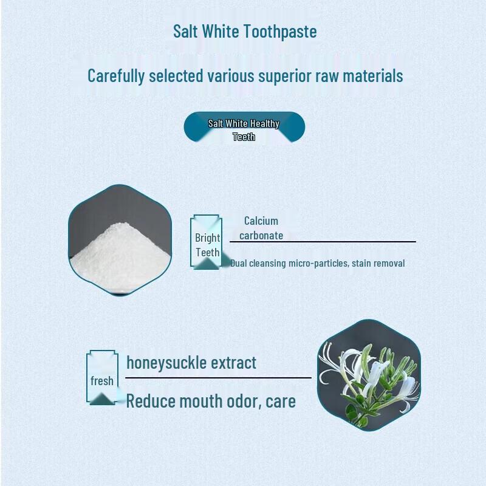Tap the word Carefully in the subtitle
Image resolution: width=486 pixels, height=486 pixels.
tap(116, 76)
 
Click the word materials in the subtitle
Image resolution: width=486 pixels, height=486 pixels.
tap(373, 76)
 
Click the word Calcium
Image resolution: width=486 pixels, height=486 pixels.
tap(261, 221)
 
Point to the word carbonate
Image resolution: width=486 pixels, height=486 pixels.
tap(261, 235)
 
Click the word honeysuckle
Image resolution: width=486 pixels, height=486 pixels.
tap(165, 363)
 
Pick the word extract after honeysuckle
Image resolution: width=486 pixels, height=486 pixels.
tap(233, 363)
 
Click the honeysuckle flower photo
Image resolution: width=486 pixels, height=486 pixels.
tap(369, 375)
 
